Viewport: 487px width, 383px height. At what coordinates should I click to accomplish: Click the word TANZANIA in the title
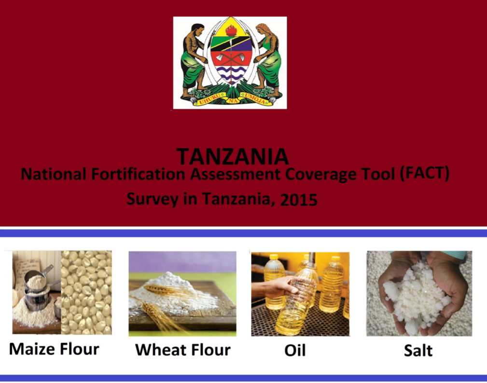(233, 156)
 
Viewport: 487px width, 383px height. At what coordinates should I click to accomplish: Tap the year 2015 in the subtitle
(299, 200)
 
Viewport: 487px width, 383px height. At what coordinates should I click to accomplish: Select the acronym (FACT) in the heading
(425, 174)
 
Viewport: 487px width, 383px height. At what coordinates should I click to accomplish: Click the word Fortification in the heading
(138, 174)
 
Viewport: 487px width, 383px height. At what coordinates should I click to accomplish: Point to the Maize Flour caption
(54, 349)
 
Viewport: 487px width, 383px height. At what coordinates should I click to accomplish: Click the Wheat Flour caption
(182, 350)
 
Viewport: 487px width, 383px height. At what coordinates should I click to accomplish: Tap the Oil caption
(295, 350)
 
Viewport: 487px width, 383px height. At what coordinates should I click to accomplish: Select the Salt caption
(418, 350)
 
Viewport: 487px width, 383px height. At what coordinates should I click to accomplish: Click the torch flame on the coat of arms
(231, 30)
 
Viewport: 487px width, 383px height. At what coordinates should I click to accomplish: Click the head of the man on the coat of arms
(198, 30)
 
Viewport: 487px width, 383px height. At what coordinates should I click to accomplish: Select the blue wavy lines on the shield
(230, 73)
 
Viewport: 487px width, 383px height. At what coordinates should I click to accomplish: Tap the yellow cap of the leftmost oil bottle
(274, 257)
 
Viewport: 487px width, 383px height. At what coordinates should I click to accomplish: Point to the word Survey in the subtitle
(153, 199)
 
